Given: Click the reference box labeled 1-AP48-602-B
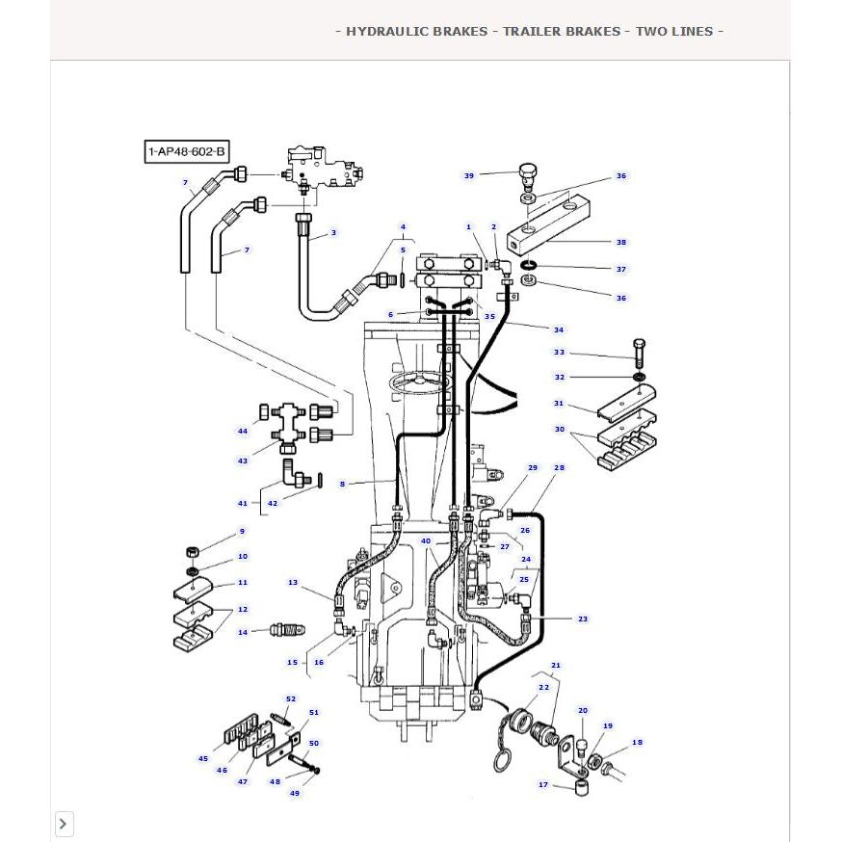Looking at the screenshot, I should click(x=187, y=151).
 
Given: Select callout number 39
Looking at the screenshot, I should click(x=469, y=175).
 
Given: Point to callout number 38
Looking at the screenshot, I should click(x=621, y=242).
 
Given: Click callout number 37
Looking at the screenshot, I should click(x=621, y=270).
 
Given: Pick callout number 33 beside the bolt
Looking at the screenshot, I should click(x=559, y=353).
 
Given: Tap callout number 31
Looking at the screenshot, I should click(x=559, y=403).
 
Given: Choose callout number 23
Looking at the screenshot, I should click(x=583, y=618).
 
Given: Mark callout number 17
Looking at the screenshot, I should click(x=543, y=785).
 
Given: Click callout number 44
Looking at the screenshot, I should click(x=243, y=431).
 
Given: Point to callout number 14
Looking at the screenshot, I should click(x=243, y=632).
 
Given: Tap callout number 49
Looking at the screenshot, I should click(x=295, y=793).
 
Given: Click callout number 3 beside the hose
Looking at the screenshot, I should click(x=333, y=232).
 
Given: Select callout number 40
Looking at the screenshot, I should click(x=426, y=540).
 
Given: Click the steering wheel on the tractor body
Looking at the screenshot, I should click(x=421, y=382).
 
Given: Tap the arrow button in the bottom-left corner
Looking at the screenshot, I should click(x=64, y=824).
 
